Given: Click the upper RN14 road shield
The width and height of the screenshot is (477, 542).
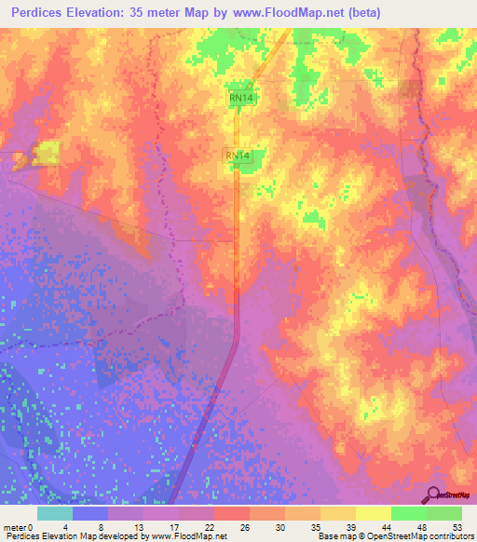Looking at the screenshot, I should [241, 98].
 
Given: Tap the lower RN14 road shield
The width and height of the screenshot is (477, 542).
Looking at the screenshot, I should [237, 156].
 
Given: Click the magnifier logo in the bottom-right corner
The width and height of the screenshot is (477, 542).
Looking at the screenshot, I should [431, 495].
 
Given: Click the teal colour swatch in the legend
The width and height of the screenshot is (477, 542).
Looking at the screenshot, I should [55, 514].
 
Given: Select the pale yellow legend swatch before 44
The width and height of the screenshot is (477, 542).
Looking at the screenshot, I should [373, 514].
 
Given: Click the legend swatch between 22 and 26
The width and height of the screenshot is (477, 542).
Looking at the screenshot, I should [232, 514].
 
